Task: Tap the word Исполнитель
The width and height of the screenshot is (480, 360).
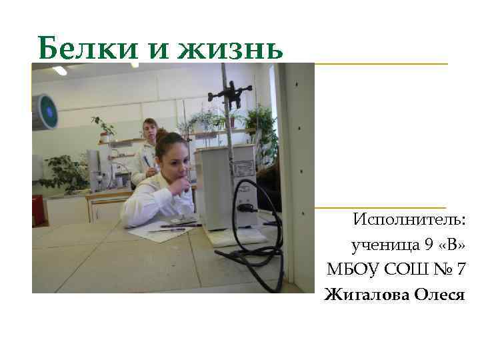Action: (x=409, y=219)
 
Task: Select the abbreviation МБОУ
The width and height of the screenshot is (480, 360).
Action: (x=349, y=269)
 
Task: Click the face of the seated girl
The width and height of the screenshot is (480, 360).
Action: (x=170, y=163)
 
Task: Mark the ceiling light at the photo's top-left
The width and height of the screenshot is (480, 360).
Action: (x=60, y=70)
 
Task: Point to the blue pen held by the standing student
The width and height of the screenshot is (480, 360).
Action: (x=145, y=161)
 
